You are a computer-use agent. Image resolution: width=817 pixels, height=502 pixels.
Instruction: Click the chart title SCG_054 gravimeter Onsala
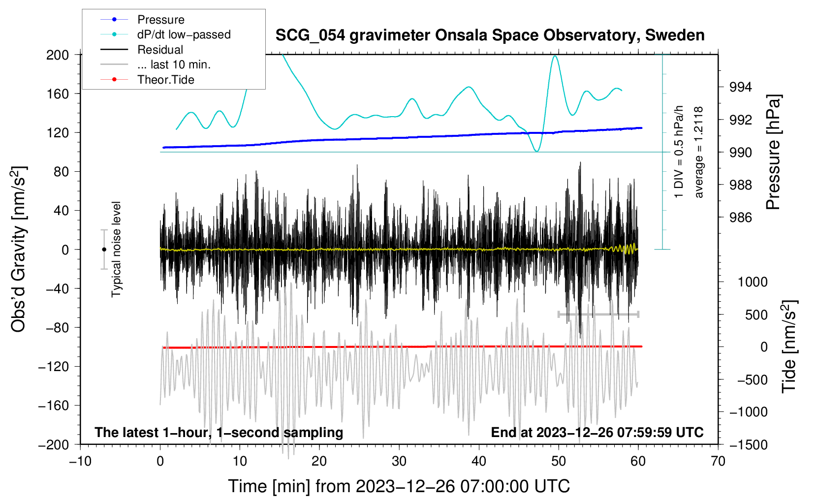490,35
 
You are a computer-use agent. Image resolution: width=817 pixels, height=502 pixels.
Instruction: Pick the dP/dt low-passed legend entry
184,34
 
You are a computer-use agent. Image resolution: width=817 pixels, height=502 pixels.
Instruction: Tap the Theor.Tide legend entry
166,80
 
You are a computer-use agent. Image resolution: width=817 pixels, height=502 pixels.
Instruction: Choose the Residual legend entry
160,50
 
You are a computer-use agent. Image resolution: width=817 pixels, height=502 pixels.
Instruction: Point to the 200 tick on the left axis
58,55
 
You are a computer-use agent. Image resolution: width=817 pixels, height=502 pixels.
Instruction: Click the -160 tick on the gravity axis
55,406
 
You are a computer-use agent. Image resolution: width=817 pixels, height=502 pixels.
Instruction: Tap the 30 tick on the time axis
399,461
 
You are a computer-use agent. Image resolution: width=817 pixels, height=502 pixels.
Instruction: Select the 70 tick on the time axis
718,461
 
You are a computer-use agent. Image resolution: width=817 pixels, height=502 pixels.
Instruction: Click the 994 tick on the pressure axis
741,87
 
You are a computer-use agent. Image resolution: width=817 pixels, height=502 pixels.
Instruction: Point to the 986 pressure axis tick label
741,218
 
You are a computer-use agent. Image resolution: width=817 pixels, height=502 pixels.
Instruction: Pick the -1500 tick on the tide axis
749,445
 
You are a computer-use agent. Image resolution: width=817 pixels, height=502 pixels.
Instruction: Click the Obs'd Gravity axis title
19,249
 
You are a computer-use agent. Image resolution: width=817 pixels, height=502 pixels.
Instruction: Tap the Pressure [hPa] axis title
773,153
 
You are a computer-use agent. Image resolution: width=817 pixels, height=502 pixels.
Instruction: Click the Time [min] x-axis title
399,486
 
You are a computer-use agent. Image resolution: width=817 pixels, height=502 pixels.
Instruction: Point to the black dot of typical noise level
104,250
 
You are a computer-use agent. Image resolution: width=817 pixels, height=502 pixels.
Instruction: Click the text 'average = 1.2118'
698,153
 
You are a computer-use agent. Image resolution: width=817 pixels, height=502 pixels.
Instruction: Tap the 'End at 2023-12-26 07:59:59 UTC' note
597,433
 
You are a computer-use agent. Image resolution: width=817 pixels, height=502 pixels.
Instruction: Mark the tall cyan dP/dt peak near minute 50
555,56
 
